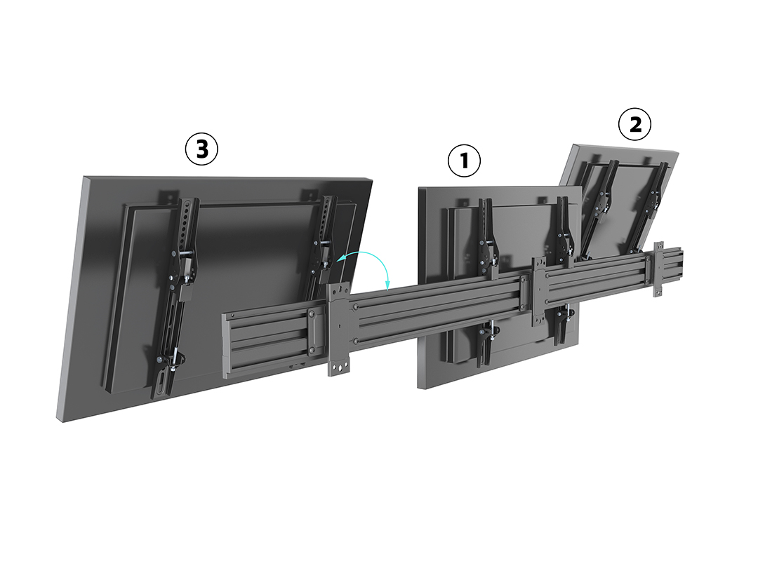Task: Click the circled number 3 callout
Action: [x=201, y=149]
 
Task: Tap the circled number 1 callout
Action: [x=464, y=161]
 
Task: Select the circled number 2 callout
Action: [x=634, y=124]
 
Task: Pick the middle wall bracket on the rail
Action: [x=538, y=291]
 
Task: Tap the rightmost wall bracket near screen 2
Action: [x=658, y=269]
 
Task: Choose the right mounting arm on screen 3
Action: [x=322, y=246]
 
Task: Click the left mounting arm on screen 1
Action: [x=486, y=280]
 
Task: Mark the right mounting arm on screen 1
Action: [x=563, y=271]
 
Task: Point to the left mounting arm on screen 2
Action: [x=600, y=208]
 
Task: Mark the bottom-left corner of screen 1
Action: [x=418, y=387]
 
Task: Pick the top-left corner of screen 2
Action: [x=574, y=144]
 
